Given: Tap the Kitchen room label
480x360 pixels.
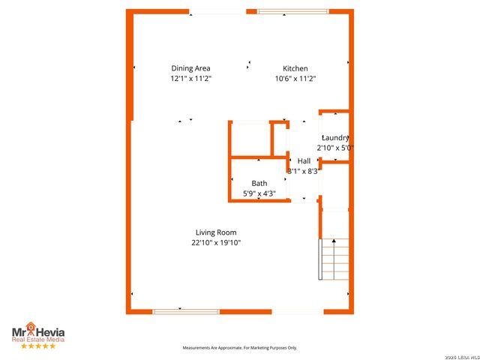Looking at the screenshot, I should [x=295, y=69].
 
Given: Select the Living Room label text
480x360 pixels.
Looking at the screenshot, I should [x=216, y=232].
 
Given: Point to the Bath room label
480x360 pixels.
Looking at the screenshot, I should [x=259, y=184].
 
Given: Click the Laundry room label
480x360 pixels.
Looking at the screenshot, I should [x=335, y=138].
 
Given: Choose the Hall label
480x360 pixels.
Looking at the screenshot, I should [x=304, y=161].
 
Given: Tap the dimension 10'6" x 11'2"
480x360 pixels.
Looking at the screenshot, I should [x=295, y=79].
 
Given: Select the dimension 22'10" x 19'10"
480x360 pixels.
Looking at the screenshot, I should [x=216, y=242].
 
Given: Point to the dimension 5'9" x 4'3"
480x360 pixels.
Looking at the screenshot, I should [x=259, y=193].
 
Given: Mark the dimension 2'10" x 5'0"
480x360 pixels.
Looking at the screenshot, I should [x=335, y=148].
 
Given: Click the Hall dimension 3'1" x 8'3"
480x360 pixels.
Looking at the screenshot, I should [x=304, y=171].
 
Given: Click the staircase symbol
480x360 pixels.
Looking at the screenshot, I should [x=335, y=258].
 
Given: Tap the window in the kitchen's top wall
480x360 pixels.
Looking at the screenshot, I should [x=287, y=11].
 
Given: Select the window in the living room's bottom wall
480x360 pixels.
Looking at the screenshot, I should [x=186, y=311].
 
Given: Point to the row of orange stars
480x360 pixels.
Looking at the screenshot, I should [x=37, y=346].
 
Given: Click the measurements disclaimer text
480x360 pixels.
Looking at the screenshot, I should [x=240, y=348].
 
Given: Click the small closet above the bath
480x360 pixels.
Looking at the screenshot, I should [x=250, y=139].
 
